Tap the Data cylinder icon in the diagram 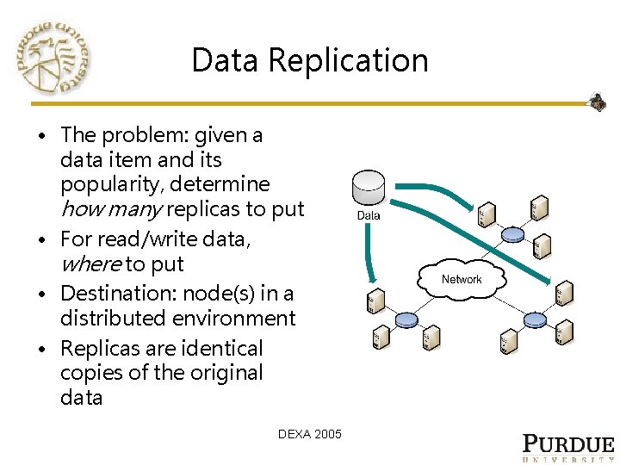[369, 189]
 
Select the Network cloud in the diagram [462, 279]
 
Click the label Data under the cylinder [369, 215]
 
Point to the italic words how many [111, 208]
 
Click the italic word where [90, 263]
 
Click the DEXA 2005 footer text [310, 434]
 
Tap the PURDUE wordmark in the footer [568, 444]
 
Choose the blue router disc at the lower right [535, 320]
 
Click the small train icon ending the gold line [597, 102]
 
